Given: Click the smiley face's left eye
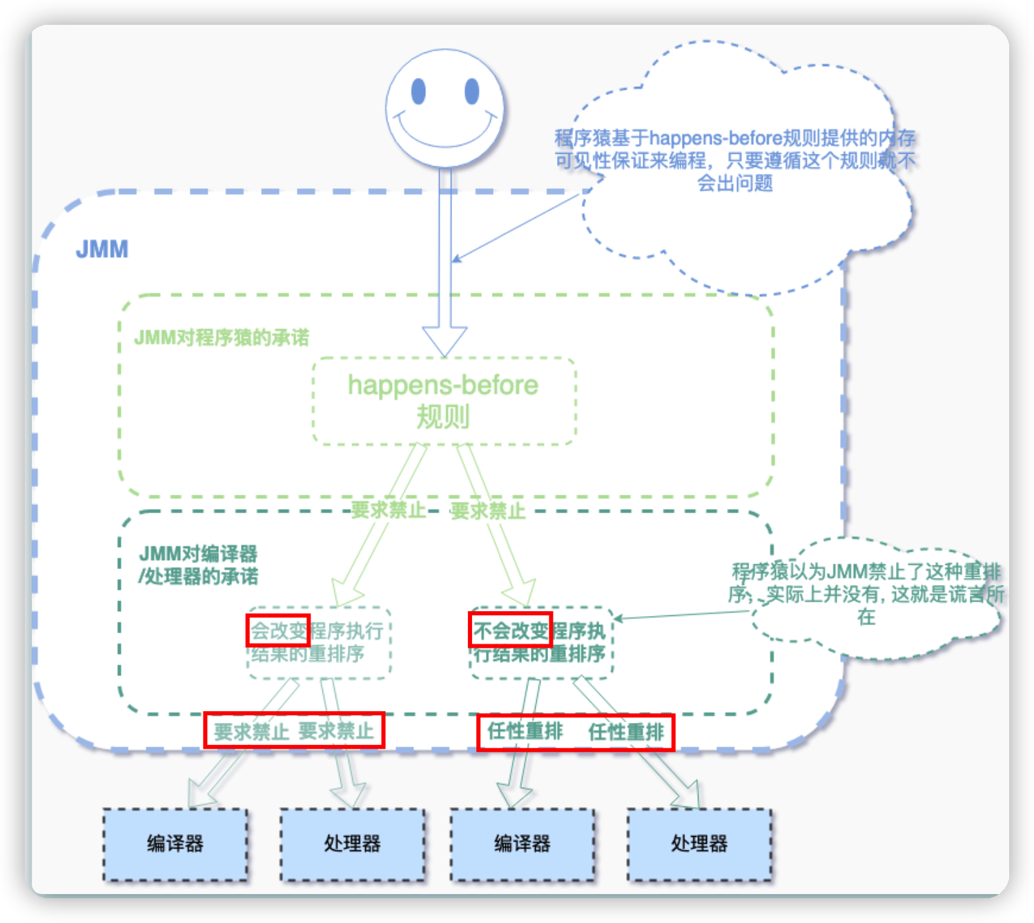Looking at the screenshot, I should (418, 91).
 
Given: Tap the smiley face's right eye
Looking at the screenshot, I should (472, 91).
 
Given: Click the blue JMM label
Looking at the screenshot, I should (102, 249).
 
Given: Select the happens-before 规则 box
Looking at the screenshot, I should (443, 401).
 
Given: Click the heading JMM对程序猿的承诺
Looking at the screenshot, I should (222, 337).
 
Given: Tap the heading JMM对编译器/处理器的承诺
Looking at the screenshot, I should (199, 564).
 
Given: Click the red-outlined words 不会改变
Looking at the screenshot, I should (510, 630).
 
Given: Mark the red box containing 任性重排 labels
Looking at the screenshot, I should (576, 732).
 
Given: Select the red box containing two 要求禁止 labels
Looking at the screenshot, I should (294, 731).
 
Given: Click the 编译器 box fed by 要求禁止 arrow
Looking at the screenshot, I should (175, 844).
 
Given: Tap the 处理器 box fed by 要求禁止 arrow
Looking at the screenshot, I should (352, 844).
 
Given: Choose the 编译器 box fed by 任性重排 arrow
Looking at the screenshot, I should (522, 844).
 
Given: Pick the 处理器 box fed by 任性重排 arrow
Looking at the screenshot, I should (699, 844).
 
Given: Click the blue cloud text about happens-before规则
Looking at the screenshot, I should (735, 160).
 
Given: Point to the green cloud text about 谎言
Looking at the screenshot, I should (866, 593).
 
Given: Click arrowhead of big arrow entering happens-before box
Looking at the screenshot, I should (445, 341).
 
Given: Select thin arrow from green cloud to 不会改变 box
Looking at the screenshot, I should (683, 615).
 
